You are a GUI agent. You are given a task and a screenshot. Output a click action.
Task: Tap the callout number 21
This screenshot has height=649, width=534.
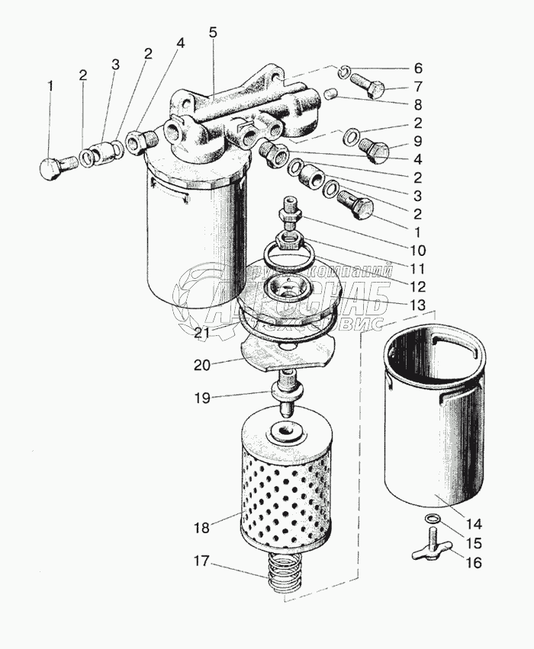tap(201, 332)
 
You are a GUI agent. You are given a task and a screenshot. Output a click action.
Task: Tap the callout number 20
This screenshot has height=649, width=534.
tap(201, 365)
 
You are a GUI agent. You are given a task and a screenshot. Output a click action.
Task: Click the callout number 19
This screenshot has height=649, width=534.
tap(201, 397)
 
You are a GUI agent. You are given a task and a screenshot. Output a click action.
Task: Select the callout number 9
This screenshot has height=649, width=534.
tap(417, 141)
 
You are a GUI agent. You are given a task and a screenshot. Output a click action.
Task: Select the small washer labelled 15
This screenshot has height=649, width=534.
tap(433, 520)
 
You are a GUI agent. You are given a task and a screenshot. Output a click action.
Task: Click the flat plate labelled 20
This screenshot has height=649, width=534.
tap(288, 353)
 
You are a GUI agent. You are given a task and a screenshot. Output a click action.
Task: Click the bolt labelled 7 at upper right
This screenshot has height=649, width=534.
tap(371, 85)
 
